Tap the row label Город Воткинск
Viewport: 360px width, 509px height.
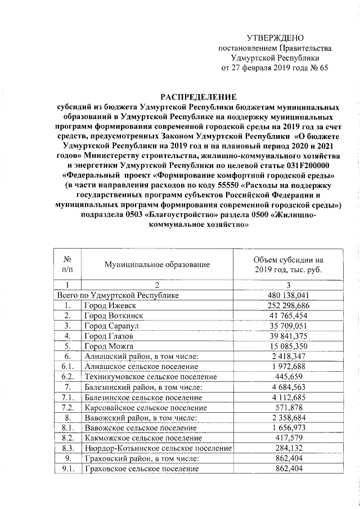point(110,315)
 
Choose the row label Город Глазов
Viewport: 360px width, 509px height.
point(105,336)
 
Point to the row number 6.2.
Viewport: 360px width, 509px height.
point(67,376)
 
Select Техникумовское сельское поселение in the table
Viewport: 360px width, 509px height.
point(150,376)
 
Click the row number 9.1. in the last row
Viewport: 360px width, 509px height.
point(67,469)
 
